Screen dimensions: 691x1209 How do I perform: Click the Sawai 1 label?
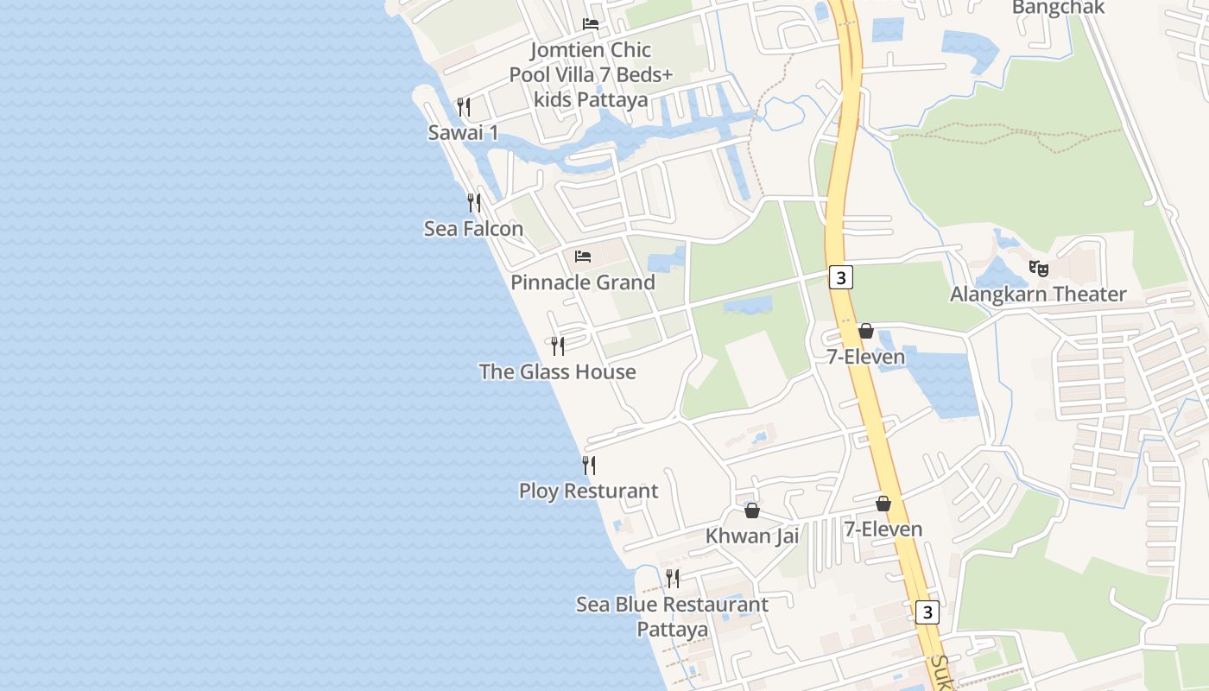[463, 133]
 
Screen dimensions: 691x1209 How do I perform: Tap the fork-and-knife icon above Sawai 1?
[464, 107]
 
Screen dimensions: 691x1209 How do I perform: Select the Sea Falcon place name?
[473, 229]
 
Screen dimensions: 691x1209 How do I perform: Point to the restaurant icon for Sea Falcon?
[474, 203]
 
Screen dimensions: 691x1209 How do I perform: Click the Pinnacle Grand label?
[583, 282]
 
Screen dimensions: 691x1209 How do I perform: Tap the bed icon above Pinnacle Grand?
[584, 257]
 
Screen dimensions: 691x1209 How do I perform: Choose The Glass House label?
[557, 372]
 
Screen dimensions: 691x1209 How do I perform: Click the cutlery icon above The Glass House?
[558, 346]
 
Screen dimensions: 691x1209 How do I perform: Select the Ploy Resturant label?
[588, 491]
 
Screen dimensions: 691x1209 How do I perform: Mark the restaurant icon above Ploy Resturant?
[589, 466]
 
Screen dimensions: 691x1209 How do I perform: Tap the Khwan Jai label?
[752, 536]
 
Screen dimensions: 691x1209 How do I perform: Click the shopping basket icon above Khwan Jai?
[752, 510]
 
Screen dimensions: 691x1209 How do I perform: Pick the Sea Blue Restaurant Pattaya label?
[672, 617]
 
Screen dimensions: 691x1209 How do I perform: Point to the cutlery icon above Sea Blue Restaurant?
[673, 578]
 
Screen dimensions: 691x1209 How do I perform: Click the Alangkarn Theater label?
[1038, 295]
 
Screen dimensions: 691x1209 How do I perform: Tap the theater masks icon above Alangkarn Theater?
[1039, 269]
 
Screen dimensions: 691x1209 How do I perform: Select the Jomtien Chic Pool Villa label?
[591, 74]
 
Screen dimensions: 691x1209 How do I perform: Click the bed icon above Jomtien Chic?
[591, 24]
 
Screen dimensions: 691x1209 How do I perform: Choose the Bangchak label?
[1058, 8]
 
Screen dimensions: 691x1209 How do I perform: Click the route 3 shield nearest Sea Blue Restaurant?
[927, 612]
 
